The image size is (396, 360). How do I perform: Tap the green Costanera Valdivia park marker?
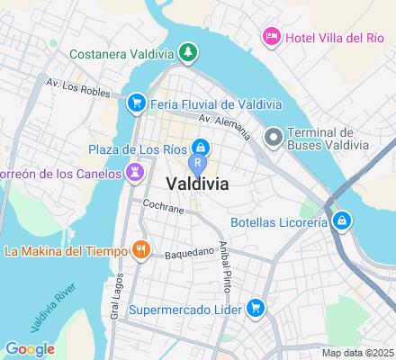point(187,53)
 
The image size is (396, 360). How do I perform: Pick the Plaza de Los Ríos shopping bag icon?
point(202,146)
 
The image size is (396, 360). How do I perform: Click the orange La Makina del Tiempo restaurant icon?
point(140,250)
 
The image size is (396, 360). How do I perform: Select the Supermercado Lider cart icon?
point(256,309)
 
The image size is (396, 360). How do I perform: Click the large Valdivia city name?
point(197,184)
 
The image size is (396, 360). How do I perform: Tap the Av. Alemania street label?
point(225,127)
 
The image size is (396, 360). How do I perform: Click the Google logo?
point(30,349)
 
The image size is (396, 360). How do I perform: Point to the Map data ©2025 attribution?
point(358,353)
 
